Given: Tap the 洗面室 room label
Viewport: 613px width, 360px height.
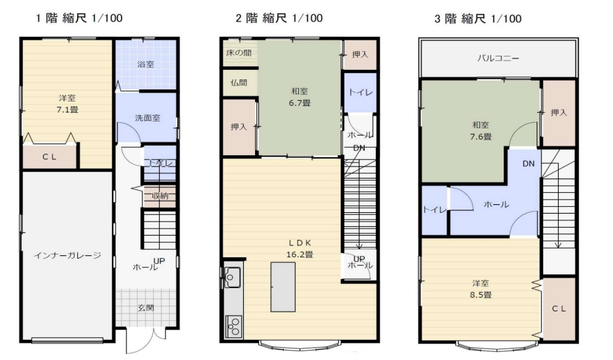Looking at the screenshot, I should (x=147, y=118).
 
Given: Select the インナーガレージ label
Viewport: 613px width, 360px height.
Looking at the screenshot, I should (x=67, y=255).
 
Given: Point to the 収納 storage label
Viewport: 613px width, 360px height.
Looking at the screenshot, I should (x=160, y=195).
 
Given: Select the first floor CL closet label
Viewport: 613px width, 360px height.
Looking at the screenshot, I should (x=50, y=158).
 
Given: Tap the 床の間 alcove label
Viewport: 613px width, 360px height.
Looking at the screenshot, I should (x=238, y=52).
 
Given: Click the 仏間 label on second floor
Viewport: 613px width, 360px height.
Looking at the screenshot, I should (x=238, y=83).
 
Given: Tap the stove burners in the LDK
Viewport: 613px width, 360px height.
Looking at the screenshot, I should (x=234, y=326).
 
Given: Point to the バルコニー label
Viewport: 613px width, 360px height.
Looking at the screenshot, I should (x=496, y=58).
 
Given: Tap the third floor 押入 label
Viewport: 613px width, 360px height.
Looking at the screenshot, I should (x=559, y=113).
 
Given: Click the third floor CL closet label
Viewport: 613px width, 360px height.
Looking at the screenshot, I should (x=559, y=308).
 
